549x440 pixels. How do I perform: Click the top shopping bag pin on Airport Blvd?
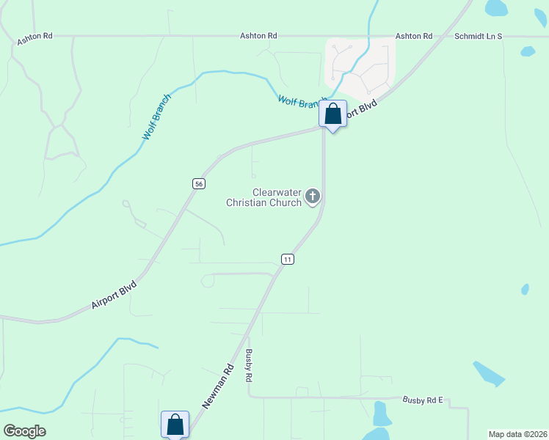[332, 114]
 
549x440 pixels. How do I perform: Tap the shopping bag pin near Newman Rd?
[175, 425]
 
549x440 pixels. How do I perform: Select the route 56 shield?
[198, 183]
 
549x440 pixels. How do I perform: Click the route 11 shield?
[287, 260]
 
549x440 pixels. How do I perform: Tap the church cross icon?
[313, 196]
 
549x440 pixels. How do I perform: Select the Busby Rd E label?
[424, 400]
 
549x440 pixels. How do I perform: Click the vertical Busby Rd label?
[250, 364]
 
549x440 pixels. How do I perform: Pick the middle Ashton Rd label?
[258, 35]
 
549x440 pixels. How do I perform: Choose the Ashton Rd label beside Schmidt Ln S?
[414, 35]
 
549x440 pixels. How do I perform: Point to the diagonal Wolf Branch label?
[157, 117]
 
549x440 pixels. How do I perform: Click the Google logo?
[24, 430]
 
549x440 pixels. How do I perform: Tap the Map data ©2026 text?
[517, 434]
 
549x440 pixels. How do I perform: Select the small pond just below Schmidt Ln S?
[527, 51]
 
